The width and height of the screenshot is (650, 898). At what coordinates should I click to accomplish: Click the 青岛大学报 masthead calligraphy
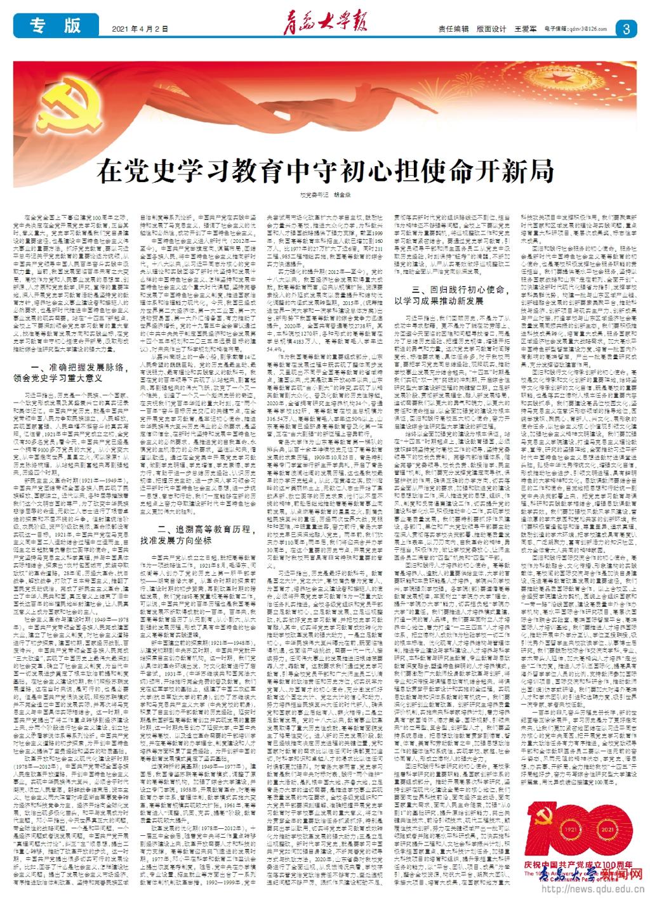coord(321,27)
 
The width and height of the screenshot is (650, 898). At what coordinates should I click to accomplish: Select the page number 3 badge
coord(626,29)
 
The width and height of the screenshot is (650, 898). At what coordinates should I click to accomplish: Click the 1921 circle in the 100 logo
coord(570,831)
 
